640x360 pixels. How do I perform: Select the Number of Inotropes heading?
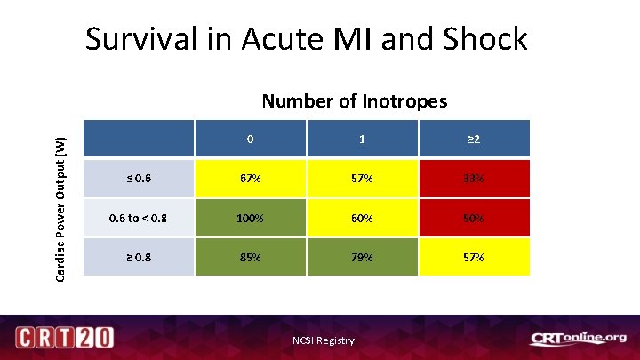coord(354,101)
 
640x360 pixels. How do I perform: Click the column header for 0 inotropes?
coord(250,140)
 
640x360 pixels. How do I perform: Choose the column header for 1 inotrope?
coord(362,140)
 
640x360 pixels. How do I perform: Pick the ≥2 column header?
coord(474,140)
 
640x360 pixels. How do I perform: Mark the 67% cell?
coord(250,179)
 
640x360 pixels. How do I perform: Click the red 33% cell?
coord(474,179)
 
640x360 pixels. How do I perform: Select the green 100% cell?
coord(250,218)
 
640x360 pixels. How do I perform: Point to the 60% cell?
coord(362,218)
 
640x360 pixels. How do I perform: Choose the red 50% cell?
coord(474,218)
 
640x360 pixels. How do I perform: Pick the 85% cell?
coord(250,257)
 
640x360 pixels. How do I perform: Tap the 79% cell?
coord(362,257)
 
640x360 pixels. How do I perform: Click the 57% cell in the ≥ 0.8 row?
coord(474,257)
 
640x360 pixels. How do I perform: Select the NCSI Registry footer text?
coord(324,340)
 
